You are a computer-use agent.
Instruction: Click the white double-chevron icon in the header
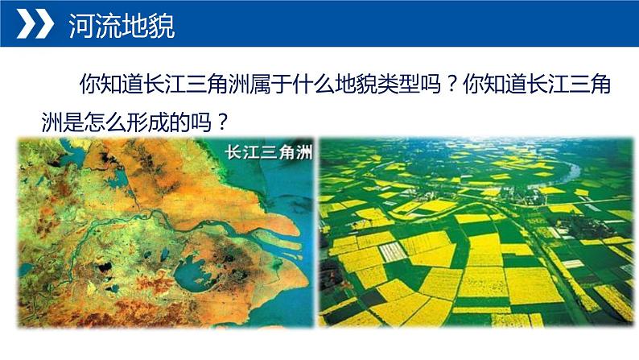(33, 27)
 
